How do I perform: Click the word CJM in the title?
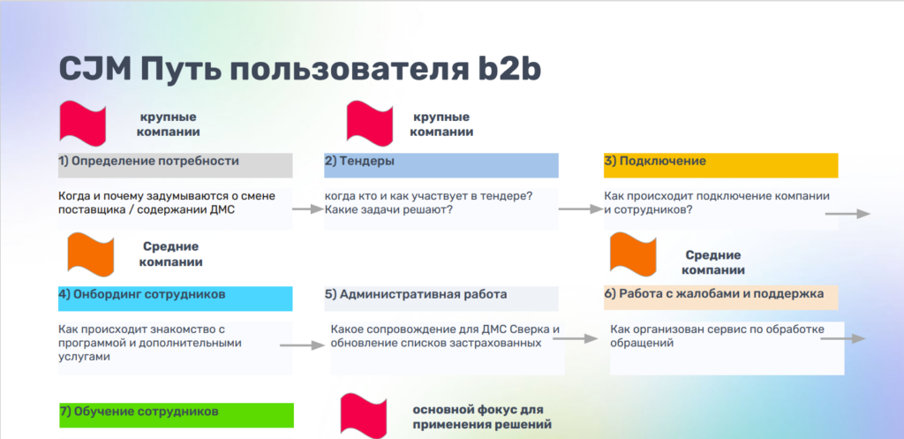pyautogui.click(x=92, y=69)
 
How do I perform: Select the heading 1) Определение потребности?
pyautogui.click(x=149, y=162)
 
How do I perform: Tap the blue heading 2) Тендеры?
pyautogui.click(x=359, y=162)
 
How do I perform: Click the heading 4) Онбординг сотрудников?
pyautogui.click(x=142, y=294)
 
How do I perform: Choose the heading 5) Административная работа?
pyautogui.click(x=416, y=294)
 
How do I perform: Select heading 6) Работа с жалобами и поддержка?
pyautogui.click(x=714, y=294)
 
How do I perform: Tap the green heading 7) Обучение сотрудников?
pyautogui.click(x=139, y=412)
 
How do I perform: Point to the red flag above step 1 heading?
pyautogui.click(x=83, y=122)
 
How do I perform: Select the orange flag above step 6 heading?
pyautogui.click(x=634, y=253)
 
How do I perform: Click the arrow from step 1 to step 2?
pyautogui.click(x=306, y=209)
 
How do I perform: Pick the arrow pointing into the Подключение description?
pyautogui.click(x=576, y=209)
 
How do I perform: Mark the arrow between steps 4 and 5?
pyautogui.click(x=306, y=344)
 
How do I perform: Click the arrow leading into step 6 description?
pyautogui.click(x=578, y=337)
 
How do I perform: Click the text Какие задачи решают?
pyautogui.click(x=388, y=209)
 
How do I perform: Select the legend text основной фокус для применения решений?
pyautogui.click(x=482, y=417)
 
